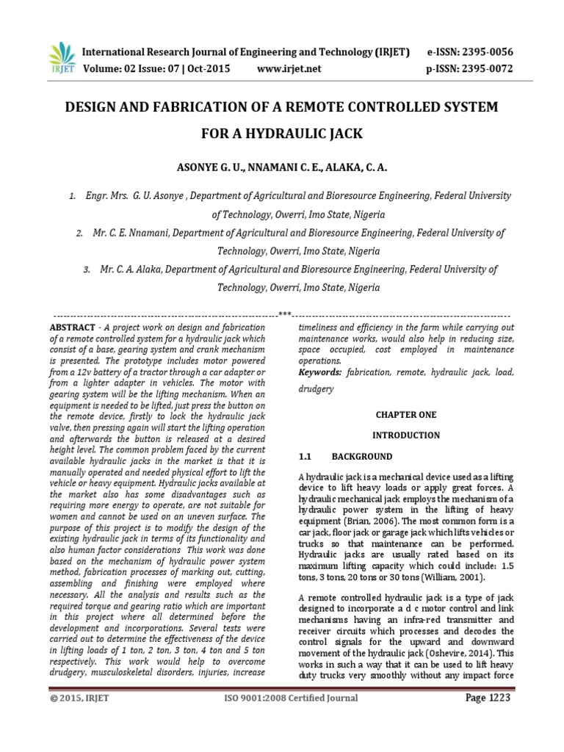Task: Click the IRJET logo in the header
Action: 62,57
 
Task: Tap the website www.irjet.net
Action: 289,69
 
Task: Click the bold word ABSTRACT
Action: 72,326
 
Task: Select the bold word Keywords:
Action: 320,373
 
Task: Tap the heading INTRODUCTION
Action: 405,435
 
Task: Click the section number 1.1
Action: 308,456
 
